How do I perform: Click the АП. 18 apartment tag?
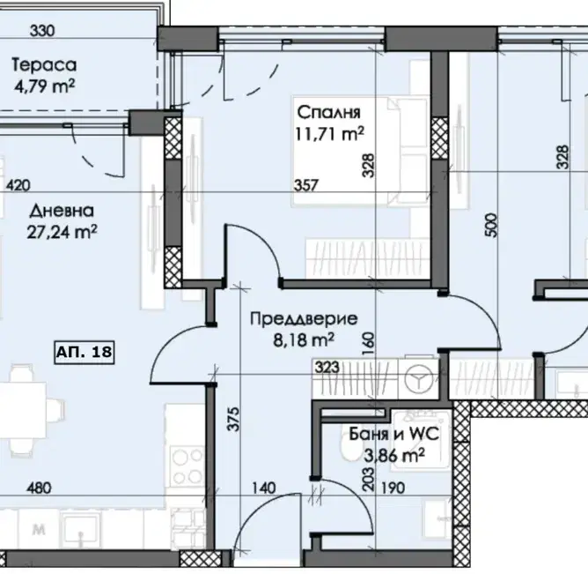click(85, 353)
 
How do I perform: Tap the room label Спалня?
click(329, 112)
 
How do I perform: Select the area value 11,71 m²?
click(329, 133)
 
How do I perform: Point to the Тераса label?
click(44, 64)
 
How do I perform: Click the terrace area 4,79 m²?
click(45, 86)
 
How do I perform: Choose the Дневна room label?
click(62, 211)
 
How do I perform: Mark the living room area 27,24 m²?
click(62, 232)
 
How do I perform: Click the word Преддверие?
click(304, 319)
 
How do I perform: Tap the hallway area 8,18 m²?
click(304, 340)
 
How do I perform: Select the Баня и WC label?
click(393, 435)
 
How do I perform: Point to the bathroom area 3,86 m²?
click(394, 456)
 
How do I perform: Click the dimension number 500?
click(491, 225)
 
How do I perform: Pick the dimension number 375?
click(233, 419)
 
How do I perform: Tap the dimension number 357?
click(306, 185)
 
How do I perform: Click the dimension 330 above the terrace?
click(42, 31)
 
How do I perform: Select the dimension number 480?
click(39, 488)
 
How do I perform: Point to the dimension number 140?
click(263, 488)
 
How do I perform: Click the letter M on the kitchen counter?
click(39, 530)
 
